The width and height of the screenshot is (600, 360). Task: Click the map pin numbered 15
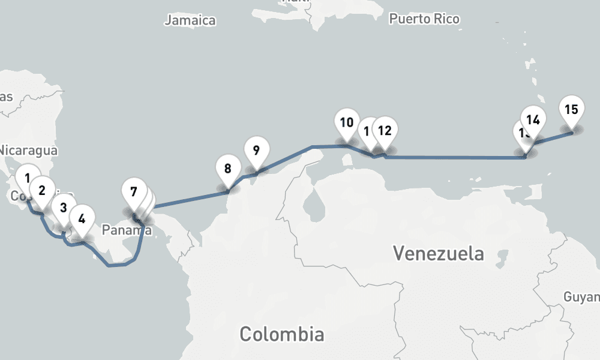click(571, 110)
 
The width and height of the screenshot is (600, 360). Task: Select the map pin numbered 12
click(385, 130)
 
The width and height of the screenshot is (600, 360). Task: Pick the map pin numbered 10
click(346, 124)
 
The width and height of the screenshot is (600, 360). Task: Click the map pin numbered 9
click(256, 150)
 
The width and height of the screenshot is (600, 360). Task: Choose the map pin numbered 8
click(227, 169)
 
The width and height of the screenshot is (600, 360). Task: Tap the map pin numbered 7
click(133, 193)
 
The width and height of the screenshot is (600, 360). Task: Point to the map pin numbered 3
click(62, 208)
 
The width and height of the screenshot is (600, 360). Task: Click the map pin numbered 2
click(41, 191)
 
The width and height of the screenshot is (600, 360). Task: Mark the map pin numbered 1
click(26, 178)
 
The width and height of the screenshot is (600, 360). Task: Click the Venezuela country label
click(438, 253)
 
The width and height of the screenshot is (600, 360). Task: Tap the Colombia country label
click(282, 334)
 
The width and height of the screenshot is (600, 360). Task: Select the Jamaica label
click(190, 20)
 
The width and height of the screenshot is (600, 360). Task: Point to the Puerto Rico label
click(424, 19)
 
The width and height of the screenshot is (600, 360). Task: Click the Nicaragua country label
click(29, 150)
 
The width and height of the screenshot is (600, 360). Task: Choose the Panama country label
click(126, 230)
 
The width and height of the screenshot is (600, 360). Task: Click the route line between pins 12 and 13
click(456, 157)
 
